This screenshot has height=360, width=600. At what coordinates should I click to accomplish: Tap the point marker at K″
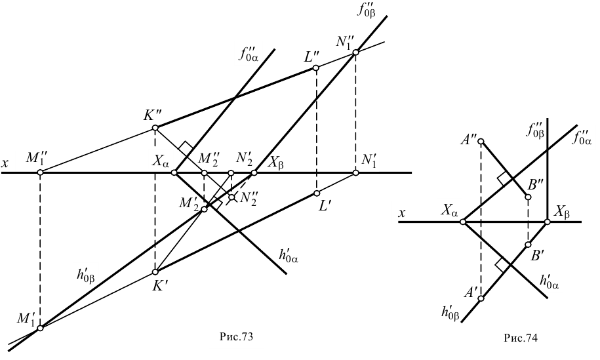(x=155, y=129)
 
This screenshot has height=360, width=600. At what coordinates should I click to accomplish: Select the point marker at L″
(x=316, y=68)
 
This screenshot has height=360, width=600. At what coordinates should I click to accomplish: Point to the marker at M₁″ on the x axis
(x=40, y=172)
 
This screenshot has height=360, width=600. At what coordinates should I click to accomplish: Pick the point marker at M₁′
(x=40, y=327)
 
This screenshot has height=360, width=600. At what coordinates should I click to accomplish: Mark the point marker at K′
(x=155, y=271)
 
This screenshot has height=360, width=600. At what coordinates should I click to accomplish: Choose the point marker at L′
(x=316, y=193)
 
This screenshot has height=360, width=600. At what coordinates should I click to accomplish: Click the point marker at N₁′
(x=355, y=172)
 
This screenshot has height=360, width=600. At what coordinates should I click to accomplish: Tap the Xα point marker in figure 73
(x=174, y=172)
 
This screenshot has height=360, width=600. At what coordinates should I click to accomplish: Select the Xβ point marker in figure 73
(x=254, y=172)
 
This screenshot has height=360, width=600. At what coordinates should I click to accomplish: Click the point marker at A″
(x=481, y=141)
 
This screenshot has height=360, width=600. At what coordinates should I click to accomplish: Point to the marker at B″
(x=529, y=197)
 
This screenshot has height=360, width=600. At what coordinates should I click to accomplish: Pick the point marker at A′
(x=481, y=298)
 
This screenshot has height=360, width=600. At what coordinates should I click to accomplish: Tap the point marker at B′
(x=529, y=245)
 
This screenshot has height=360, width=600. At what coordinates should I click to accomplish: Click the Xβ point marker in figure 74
(x=548, y=222)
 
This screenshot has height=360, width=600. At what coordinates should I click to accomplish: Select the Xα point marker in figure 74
(x=462, y=222)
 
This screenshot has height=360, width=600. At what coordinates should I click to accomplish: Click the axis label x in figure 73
(x=5, y=163)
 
